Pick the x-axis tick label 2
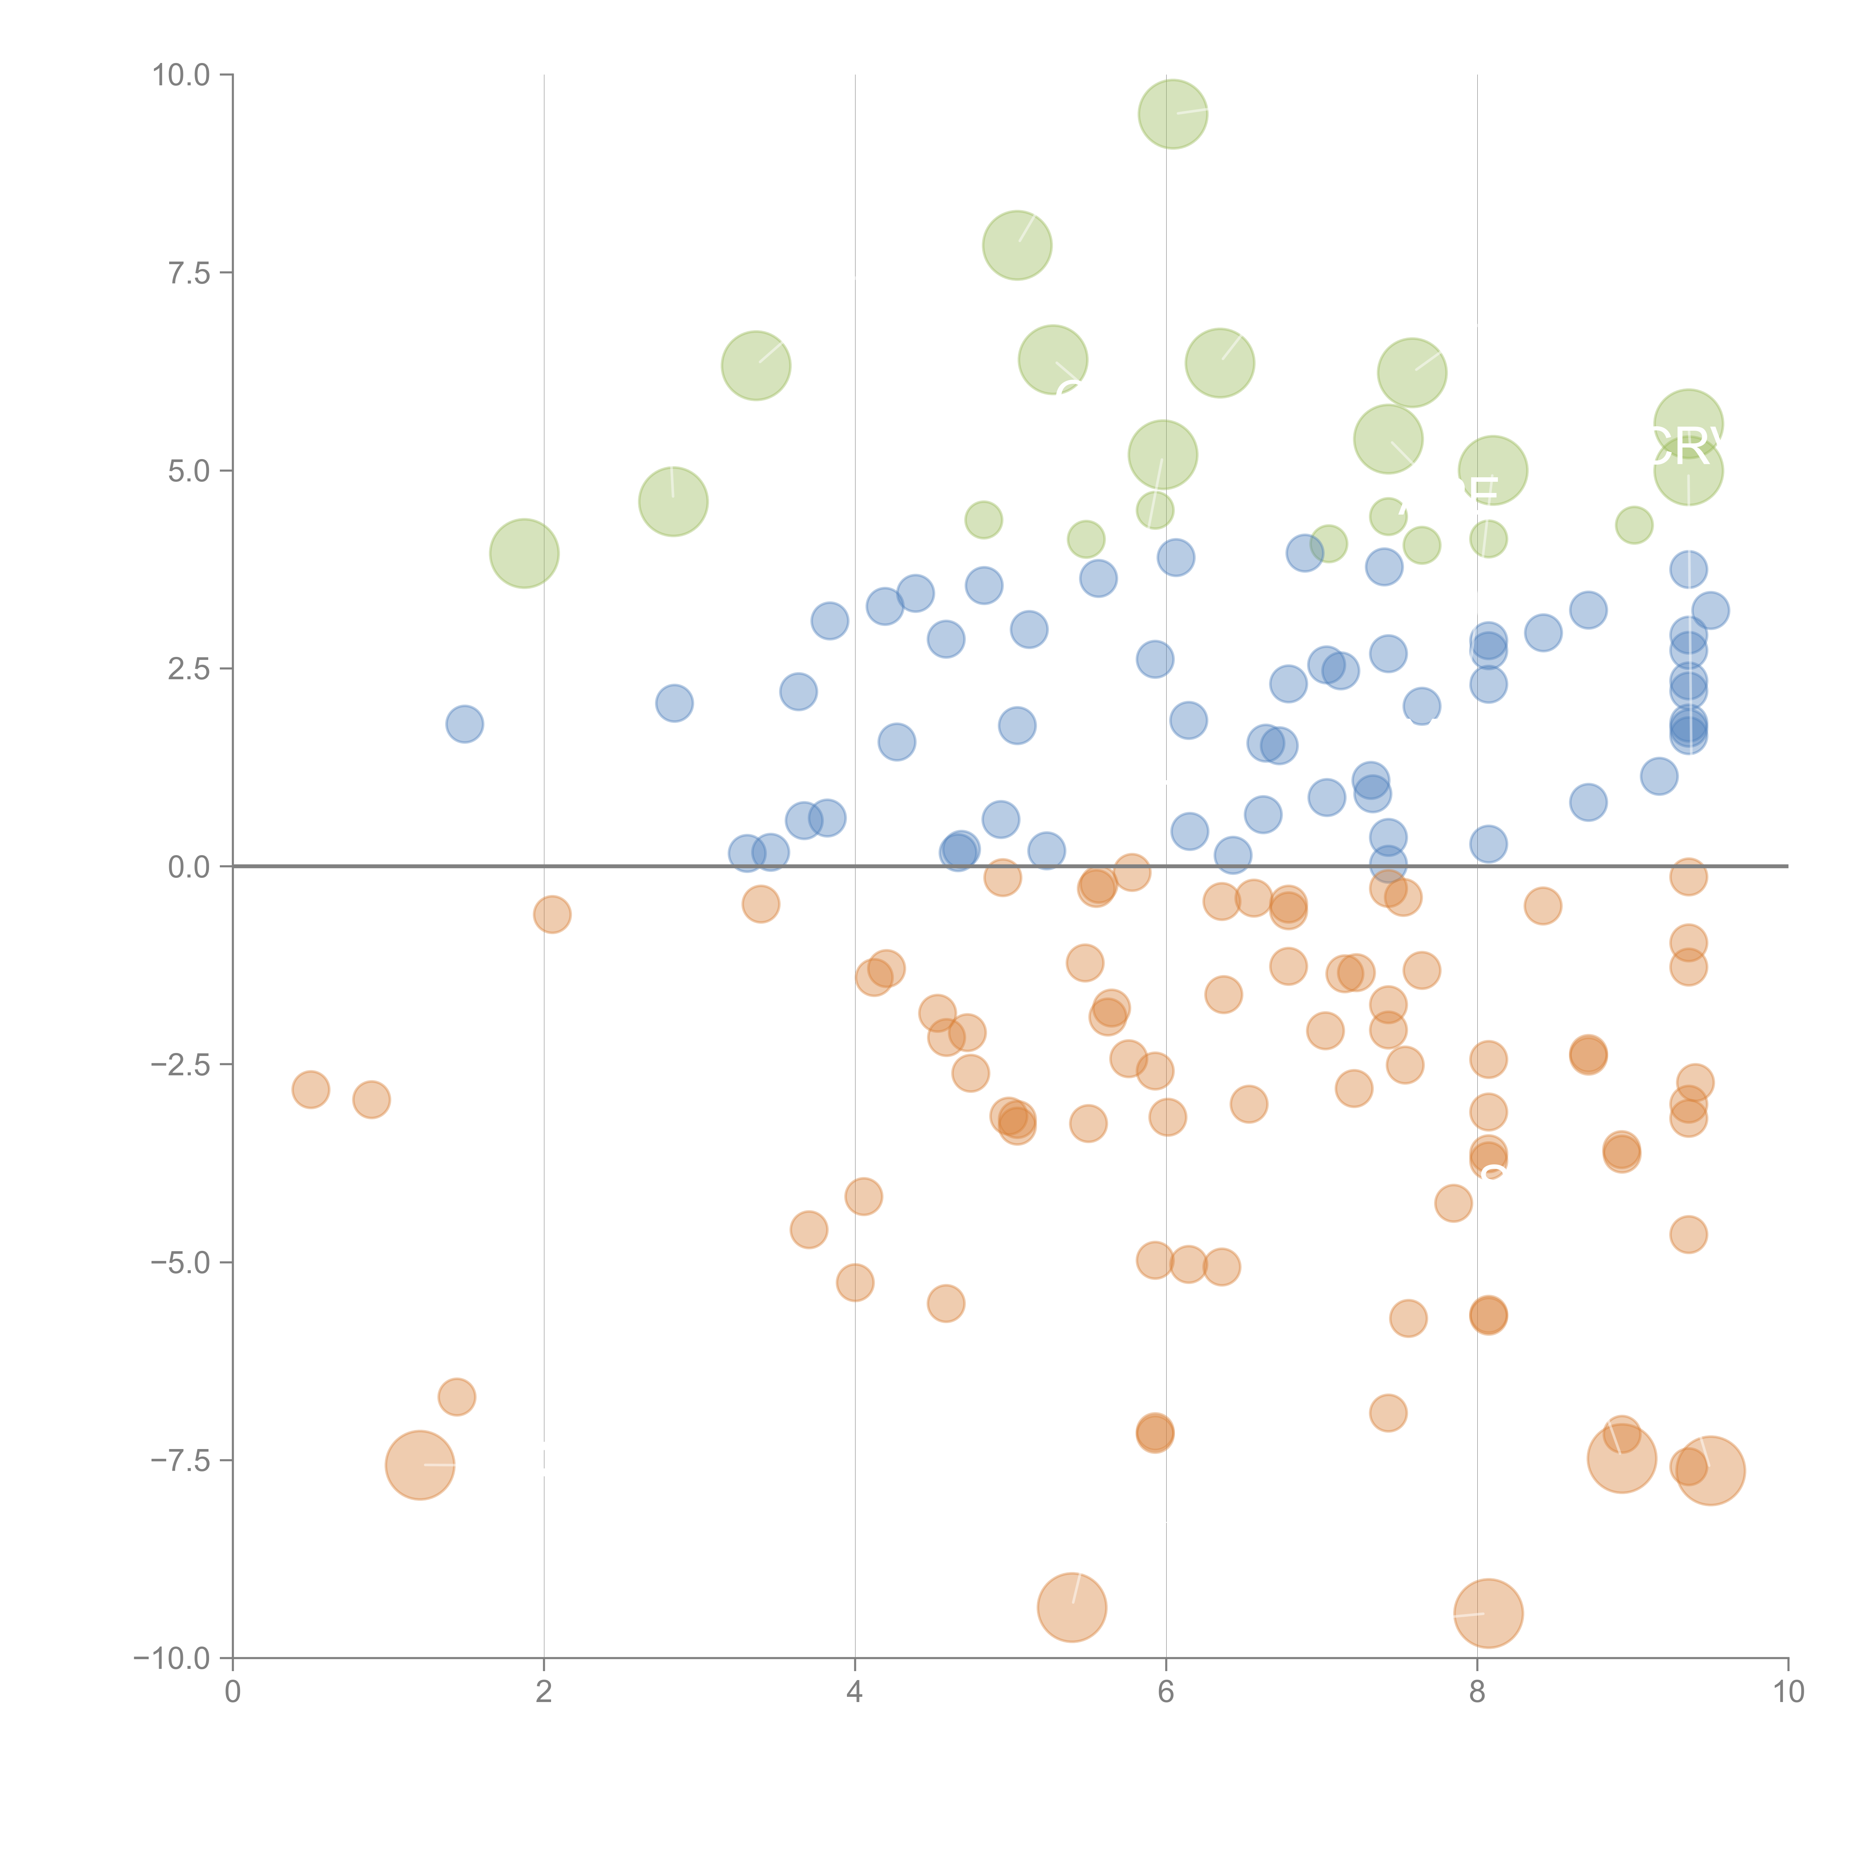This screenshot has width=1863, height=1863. tap(544, 1692)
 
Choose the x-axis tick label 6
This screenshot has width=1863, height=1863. tap(1166, 1692)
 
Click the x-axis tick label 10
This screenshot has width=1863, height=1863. tap(1788, 1692)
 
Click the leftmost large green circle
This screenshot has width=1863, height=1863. tap(524, 554)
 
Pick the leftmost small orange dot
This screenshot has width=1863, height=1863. tap(310, 1089)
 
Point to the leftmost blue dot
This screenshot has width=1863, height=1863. tap(464, 724)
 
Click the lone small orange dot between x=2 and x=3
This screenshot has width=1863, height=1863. tap(551, 914)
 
